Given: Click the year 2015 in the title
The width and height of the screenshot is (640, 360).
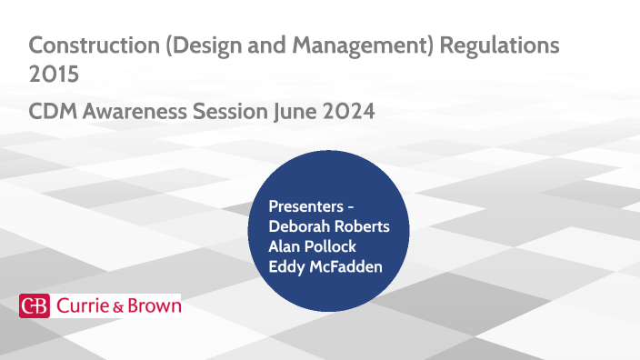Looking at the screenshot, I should point(54,75).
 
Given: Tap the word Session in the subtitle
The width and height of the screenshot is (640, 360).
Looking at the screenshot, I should point(235,112).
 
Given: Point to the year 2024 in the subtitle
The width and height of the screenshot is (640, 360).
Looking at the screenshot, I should point(350,112).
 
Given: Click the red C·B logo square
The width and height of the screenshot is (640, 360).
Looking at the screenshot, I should point(35,306).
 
